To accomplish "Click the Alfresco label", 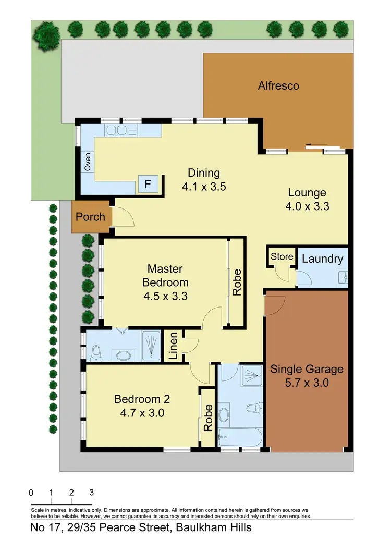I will point(278,85).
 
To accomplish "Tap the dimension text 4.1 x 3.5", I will point(204,186).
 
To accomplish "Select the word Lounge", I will point(307,193).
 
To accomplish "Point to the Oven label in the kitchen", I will point(88,162).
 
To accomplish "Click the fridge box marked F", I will point(148,183).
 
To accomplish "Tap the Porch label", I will point(90,217).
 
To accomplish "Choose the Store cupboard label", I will point(282,256).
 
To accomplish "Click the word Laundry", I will point(322,259).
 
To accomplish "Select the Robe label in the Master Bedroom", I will point(237,282).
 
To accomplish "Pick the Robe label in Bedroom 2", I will point(207,417).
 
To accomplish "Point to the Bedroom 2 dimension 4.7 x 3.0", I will point(140,413).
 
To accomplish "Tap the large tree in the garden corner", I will point(46,35).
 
